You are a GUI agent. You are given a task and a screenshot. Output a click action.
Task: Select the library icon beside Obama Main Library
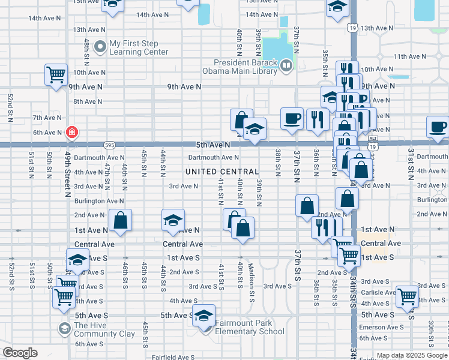pyautogui.click(x=286, y=65)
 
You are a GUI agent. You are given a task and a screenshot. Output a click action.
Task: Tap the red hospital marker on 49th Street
pyautogui.click(x=71, y=132)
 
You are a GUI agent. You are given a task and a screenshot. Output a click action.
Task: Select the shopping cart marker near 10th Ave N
pyautogui.click(x=56, y=75)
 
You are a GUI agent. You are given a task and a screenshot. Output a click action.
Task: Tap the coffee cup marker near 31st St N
pyautogui.click(x=438, y=127)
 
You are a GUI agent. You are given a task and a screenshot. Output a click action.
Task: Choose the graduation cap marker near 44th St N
pyautogui.click(x=173, y=220)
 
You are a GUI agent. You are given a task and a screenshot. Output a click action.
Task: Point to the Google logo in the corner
pyautogui.click(x=20, y=353)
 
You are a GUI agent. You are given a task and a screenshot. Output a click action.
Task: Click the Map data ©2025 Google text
pyautogui.click(x=411, y=355)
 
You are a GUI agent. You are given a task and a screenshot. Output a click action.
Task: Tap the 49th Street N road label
pyautogui.click(x=68, y=174)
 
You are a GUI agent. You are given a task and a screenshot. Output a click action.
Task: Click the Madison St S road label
pyautogui.click(x=253, y=277)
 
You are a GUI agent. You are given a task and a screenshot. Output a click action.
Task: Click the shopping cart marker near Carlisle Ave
pyautogui.click(x=408, y=296)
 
